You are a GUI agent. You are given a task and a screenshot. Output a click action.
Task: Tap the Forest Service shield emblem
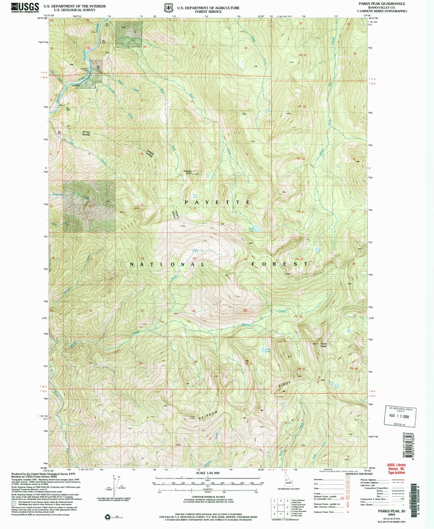168,8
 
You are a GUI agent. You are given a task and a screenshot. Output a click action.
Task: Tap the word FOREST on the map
279,264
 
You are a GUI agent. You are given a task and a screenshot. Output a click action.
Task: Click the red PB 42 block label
300,212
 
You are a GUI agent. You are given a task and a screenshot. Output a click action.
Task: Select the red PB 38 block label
302,107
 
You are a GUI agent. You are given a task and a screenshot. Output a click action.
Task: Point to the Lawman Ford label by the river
84,69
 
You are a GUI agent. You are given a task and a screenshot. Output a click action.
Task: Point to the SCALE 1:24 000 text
208,473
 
